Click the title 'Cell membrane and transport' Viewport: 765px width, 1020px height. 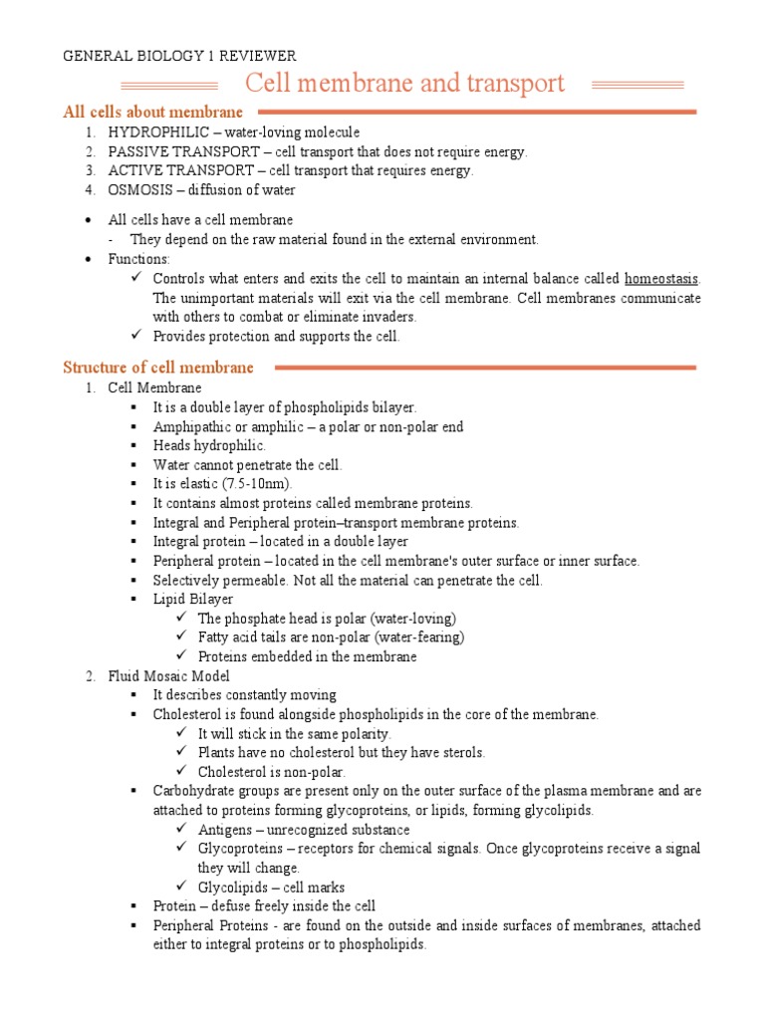(404, 84)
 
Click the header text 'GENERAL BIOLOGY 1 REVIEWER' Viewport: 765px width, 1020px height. (179, 56)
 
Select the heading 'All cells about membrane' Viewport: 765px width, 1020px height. (152, 113)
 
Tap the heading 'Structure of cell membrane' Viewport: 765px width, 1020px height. (158, 368)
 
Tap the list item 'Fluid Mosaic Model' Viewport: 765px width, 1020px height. (169, 675)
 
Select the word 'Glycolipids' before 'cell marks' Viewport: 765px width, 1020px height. (232, 887)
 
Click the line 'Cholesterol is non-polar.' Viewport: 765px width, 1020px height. (272, 771)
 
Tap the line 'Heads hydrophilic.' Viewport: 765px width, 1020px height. (209, 445)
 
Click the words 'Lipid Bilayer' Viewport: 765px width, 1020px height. (193, 599)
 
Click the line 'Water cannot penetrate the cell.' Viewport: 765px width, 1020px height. (247, 465)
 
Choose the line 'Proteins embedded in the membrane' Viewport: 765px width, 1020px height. (307, 656)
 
